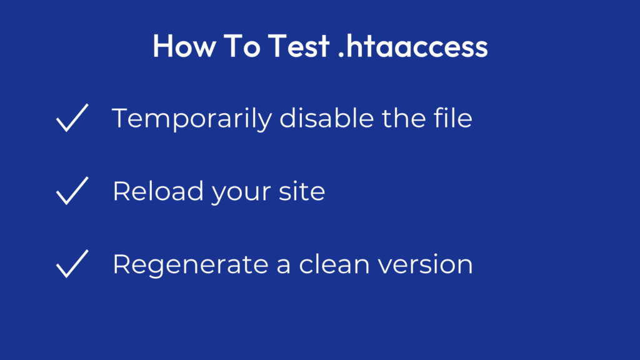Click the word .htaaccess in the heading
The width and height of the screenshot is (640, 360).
412,46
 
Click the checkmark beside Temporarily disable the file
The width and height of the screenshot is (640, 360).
71,118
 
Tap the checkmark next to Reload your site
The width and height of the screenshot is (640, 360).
71,191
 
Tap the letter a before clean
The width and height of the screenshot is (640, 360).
281,265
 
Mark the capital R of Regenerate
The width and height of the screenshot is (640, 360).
121,264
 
